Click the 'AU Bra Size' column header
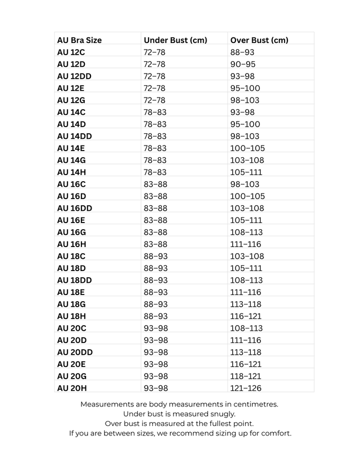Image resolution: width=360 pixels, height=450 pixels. [79, 40]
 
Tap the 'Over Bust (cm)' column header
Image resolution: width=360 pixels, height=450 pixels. [259, 40]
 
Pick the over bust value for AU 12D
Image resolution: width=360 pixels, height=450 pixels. [243, 64]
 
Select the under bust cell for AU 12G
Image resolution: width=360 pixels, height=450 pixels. [155, 100]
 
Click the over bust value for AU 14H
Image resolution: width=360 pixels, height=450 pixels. [245, 172]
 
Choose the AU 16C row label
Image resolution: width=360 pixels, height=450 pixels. [71, 184]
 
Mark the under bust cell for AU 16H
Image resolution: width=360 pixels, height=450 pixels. [155, 244]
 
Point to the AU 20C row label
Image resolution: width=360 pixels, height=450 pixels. [71, 328]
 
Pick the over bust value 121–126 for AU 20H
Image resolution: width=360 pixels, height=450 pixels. [245, 388]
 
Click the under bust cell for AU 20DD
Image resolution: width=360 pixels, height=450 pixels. [155, 352]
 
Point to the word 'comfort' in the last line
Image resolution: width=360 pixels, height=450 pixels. [276, 433]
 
